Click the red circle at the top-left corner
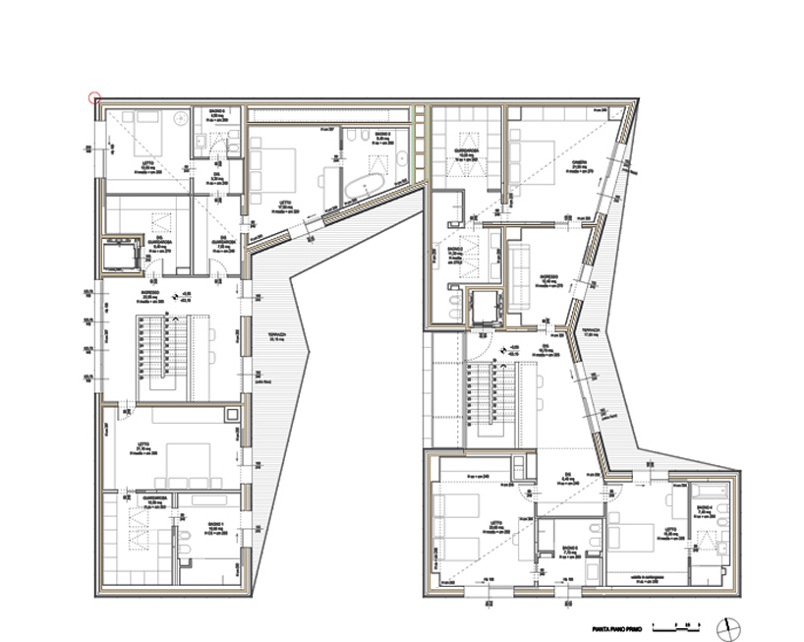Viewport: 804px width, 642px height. [94, 97]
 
